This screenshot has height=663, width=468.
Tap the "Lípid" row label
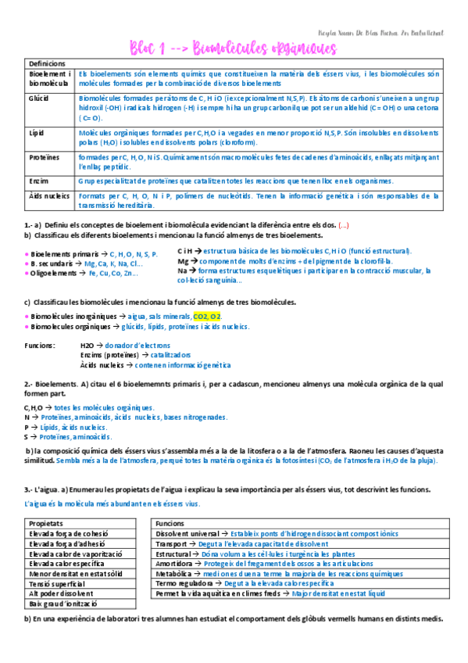coord(37,134)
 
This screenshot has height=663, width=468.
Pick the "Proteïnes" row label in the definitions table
coord(45,156)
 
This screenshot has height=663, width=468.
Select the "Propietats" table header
coord(46,523)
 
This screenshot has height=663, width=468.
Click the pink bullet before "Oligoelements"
coord(27,273)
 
